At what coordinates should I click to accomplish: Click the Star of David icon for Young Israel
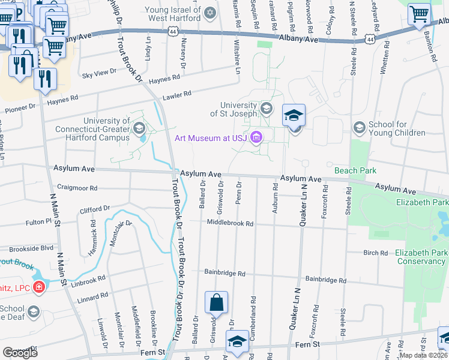click(209, 13)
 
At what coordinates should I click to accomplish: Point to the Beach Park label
click(355, 170)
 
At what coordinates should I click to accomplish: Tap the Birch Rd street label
click(376, 253)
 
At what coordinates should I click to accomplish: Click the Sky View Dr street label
click(99, 73)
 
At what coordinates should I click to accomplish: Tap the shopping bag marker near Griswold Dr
click(216, 303)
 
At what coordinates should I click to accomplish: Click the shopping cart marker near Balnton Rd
click(419, 14)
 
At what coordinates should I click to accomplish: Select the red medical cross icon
click(39, 287)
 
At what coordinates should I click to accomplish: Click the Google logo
click(20, 353)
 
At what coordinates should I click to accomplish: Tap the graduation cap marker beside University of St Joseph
click(294, 116)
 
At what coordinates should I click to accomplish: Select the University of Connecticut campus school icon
click(139, 127)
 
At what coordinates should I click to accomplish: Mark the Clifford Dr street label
click(95, 209)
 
